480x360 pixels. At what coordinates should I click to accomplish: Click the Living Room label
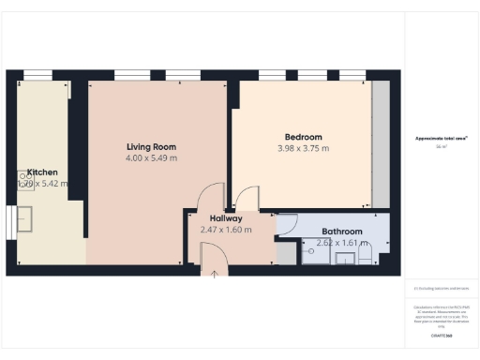tap(151, 146)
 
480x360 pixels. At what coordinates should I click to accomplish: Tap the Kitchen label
tap(42, 172)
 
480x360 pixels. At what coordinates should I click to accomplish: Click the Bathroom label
tap(341, 231)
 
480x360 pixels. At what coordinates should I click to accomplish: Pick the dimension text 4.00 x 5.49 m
tap(151, 158)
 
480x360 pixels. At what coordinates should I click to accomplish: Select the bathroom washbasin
tap(344, 255)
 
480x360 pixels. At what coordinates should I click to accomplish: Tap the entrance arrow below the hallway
tap(214, 273)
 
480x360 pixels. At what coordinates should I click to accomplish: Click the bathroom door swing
tap(288, 225)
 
